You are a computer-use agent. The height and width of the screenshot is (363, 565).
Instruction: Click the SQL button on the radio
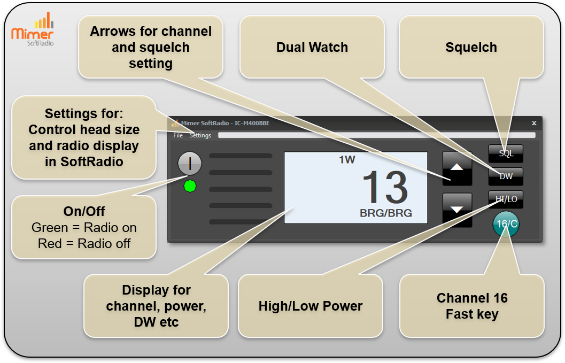pyautogui.click(x=506, y=153)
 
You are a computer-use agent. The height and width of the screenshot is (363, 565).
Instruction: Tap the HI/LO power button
pyautogui.click(x=506, y=199)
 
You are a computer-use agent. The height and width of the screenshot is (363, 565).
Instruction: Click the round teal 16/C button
pyautogui.click(x=506, y=224)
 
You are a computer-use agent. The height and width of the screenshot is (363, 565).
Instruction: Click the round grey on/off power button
pyautogui.click(x=190, y=163)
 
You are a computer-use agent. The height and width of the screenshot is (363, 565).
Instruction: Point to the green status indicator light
pyautogui.click(x=190, y=187)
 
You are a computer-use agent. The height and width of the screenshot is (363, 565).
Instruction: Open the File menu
pyautogui.click(x=178, y=135)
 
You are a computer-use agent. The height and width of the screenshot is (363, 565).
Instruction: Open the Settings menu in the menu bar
pyautogui.click(x=200, y=135)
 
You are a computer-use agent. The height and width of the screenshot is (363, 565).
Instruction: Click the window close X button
pyautogui.click(x=534, y=123)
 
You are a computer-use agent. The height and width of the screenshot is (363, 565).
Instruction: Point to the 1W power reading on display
pyautogui.click(x=347, y=160)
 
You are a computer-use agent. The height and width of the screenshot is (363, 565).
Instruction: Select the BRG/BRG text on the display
pyautogui.click(x=386, y=213)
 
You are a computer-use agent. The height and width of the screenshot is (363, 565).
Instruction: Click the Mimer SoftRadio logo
pyautogui.click(x=33, y=29)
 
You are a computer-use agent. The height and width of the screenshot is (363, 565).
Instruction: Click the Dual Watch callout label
pyautogui.click(x=312, y=47)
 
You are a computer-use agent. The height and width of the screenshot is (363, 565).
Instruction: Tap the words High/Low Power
pyautogui.click(x=310, y=306)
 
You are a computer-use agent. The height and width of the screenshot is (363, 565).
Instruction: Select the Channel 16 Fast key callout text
pyautogui.click(x=472, y=306)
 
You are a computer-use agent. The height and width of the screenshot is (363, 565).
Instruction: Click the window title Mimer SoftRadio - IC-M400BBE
pyautogui.click(x=225, y=123)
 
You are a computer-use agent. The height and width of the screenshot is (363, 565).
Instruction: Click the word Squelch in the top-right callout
pyautogui.click(x=471, y=47)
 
